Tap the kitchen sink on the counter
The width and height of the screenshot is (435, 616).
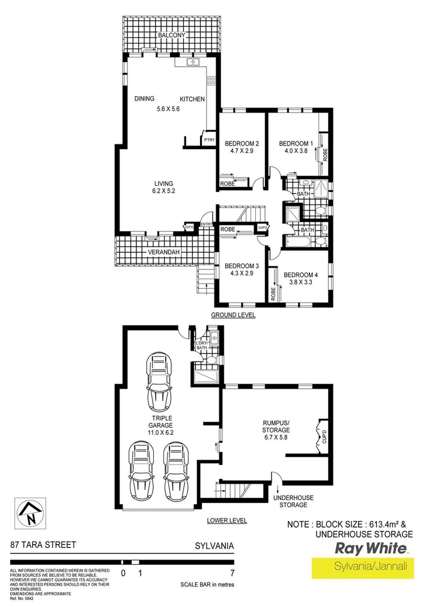[x=193, y=62]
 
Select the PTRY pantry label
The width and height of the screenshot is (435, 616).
[x=209, y=140]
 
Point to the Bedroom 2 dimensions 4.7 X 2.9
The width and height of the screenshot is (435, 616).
[x=242, y=153]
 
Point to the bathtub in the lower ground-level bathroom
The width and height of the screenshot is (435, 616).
[x=298, y=242]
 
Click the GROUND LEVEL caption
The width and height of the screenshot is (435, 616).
[x=233, y=315]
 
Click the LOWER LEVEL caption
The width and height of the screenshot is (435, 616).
[x=227, y=521]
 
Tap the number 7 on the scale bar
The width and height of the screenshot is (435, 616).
[x=233, y=572]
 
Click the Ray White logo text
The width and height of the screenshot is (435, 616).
[x=370, y=549]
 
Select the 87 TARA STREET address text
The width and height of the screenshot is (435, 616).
[x=43, y=545]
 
